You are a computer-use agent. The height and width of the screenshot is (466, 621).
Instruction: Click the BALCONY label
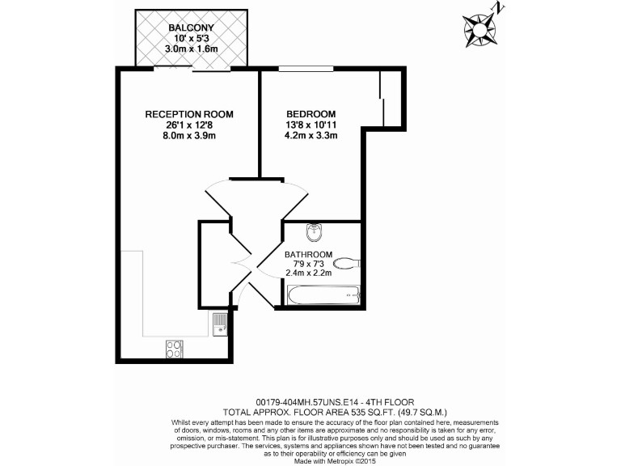[191, 27]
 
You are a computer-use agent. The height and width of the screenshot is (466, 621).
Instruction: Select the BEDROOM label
[311, 114]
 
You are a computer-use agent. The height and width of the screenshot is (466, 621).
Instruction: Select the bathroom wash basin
[314, 233]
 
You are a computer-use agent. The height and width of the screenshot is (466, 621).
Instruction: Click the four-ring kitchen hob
[174, 349]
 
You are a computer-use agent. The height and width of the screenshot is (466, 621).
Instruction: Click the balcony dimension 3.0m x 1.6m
[191, 49]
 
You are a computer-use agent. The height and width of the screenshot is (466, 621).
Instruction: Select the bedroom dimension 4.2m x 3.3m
[311, 136]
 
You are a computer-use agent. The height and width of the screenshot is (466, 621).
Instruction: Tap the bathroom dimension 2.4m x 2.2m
[309, 273]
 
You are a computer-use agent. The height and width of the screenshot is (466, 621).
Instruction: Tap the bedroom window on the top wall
[306, 69]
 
